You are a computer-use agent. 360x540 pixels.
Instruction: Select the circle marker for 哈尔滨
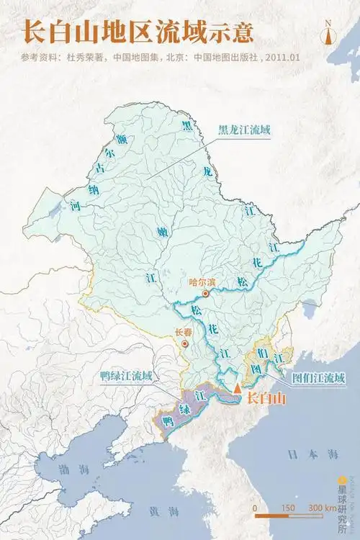[x=206, y=293]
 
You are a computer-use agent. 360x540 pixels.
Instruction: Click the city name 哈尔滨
[x=201, y=282]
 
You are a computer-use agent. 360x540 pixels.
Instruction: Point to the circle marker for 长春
[x=185, y=344]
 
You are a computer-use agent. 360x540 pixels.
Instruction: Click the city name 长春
[x=184, y=333]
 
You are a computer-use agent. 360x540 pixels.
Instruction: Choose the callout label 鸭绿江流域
[x=126, y=374]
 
